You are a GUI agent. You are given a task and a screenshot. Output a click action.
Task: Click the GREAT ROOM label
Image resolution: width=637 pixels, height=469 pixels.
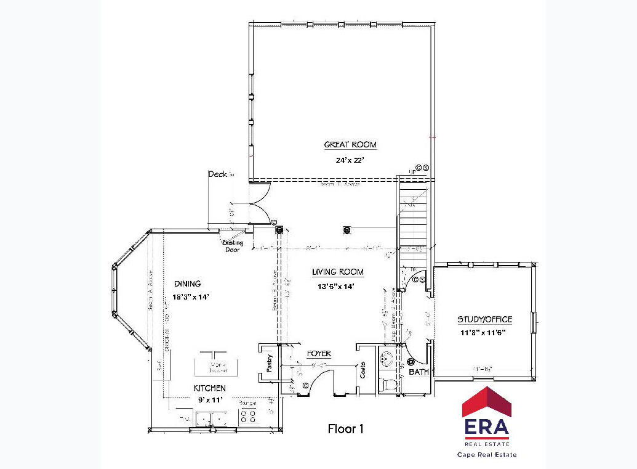click(x=350, y=145)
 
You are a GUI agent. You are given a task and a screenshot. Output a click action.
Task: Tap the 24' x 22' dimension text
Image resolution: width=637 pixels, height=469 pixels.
click(x=350, y=160)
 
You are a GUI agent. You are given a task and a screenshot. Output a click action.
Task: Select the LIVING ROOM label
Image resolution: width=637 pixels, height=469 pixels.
click(x=337, y=272)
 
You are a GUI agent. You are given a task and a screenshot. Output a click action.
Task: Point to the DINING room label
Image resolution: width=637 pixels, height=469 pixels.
click(x=187, y=284)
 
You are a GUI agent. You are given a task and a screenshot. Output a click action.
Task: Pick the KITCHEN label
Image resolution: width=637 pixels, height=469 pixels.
click(x=209, y=388)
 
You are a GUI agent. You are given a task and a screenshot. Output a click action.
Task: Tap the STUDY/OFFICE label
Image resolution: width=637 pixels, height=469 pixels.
click(x=484, y=319)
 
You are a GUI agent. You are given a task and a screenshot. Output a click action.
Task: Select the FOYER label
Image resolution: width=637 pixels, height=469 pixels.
click(x=319, y=354)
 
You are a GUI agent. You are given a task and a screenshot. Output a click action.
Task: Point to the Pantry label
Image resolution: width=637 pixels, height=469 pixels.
click(x=269, y=363)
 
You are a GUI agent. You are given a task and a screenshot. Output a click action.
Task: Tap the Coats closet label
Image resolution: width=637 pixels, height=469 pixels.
click(x=363, y=370)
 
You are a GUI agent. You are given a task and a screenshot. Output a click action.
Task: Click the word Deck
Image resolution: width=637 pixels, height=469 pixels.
click(x=217, y=174)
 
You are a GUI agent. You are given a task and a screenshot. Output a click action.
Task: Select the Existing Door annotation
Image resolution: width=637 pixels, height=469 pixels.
click(x=233, y=246)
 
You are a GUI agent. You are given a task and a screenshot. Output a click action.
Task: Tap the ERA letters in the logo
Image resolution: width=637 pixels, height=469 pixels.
click(x=486, y=426)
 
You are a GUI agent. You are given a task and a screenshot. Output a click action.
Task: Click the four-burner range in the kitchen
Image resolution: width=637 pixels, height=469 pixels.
click(x=247, y=416)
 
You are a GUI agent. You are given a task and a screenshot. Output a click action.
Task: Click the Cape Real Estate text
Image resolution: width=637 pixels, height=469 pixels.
click(x=486, y=455)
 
